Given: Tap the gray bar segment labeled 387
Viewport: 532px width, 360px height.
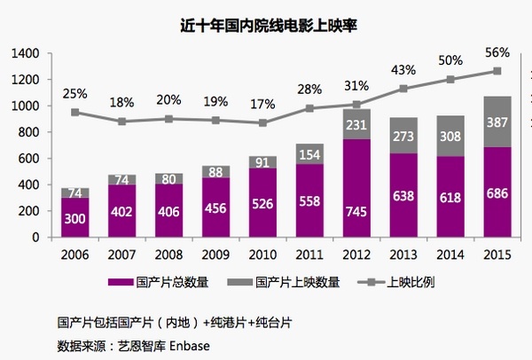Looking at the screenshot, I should (497, 121).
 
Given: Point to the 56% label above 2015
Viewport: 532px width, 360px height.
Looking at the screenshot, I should (497, 51).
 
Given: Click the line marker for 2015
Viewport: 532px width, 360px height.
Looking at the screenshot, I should (497, 71).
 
